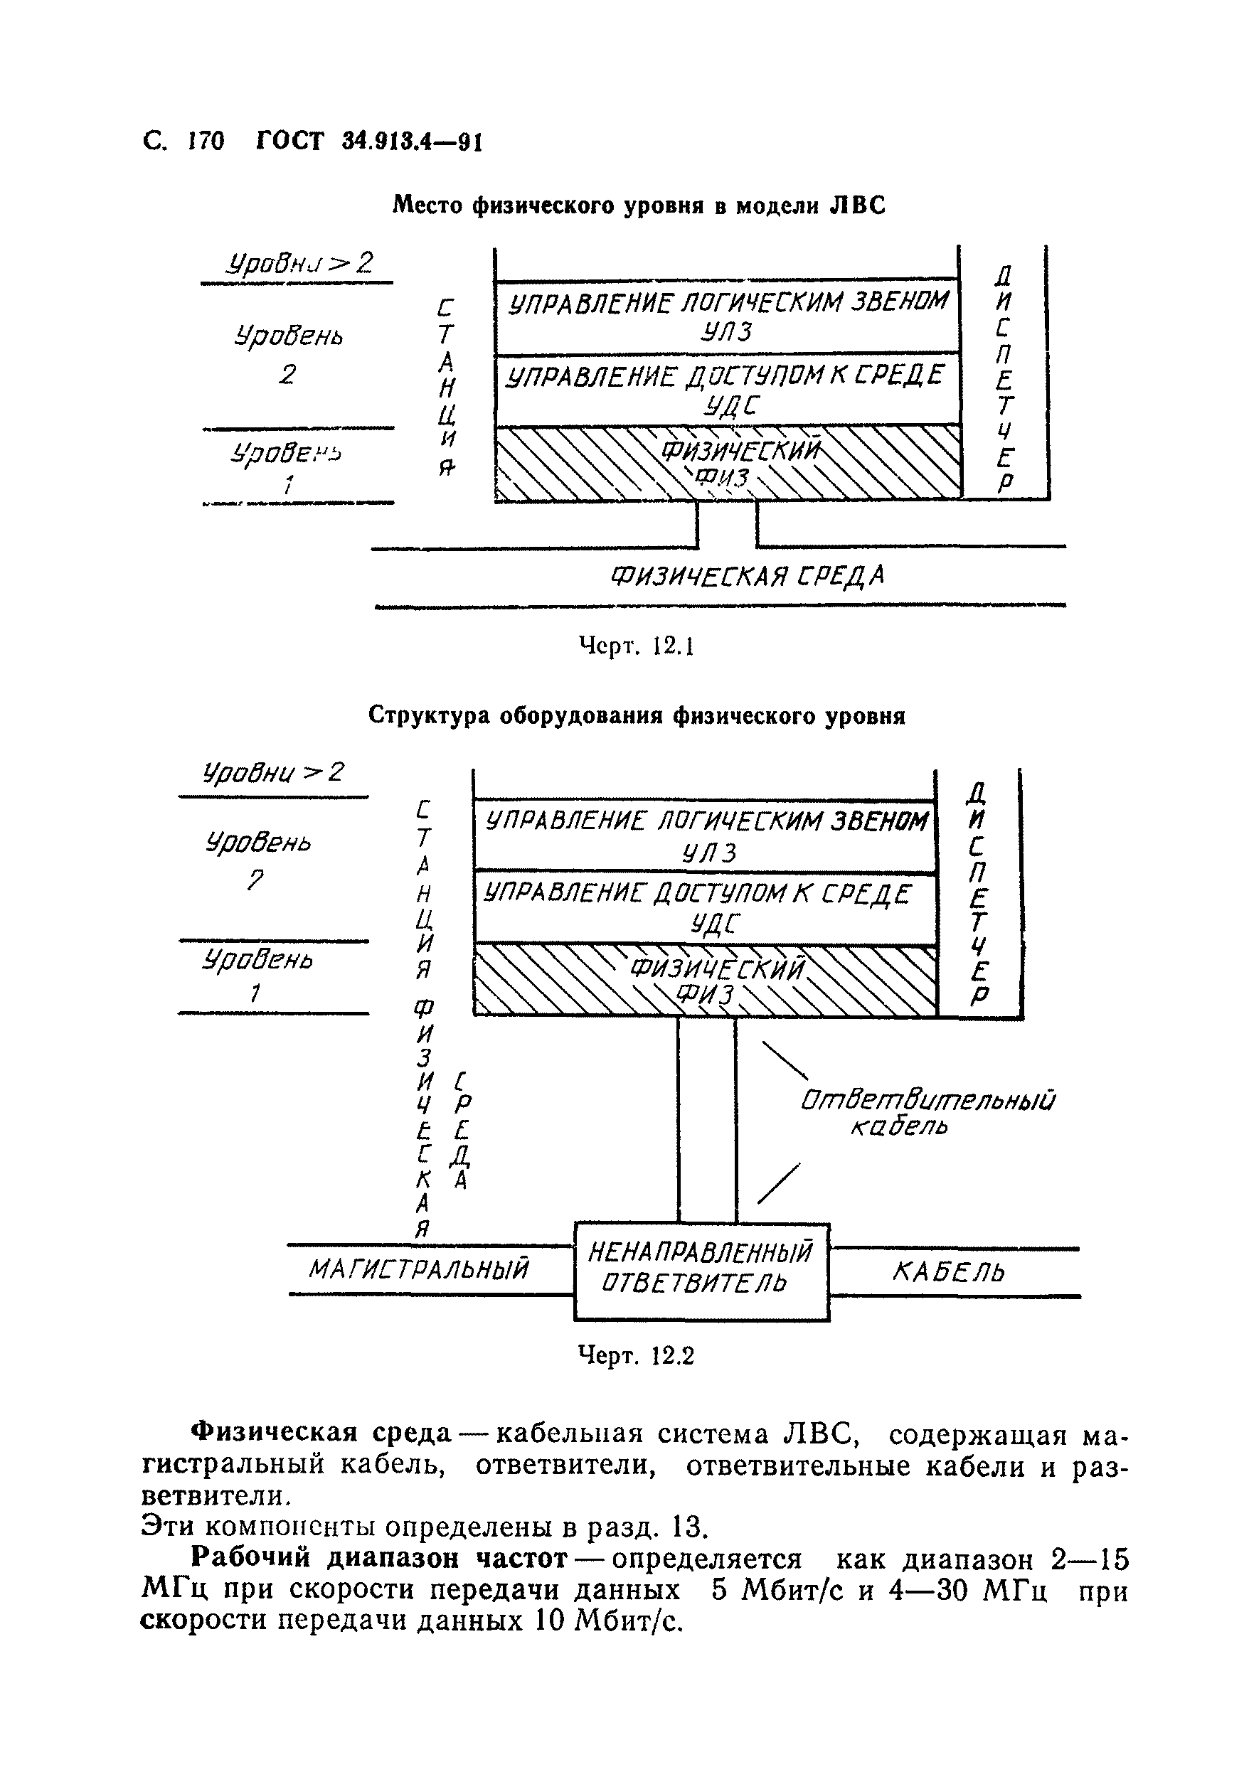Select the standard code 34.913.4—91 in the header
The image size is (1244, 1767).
411,142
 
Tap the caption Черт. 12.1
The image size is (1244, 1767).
636,646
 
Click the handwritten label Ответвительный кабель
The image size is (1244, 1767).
927,1113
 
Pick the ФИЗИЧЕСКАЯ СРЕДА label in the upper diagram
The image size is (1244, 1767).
747,577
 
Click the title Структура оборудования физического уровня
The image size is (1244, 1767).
637,716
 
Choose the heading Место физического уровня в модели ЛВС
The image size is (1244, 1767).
639,205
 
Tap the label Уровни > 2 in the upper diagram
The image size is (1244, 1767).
299,264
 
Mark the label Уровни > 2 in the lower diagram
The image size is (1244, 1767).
273,772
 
